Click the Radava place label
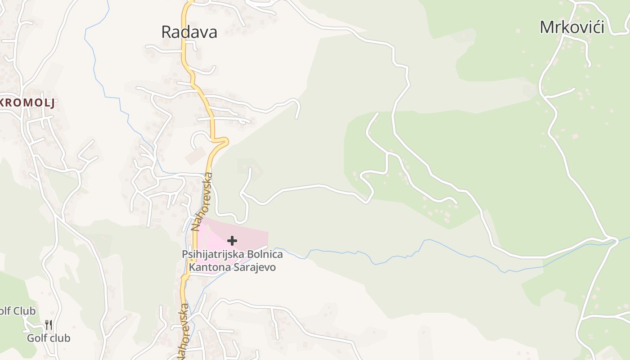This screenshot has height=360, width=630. [189, 32]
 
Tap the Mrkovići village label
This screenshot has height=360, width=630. [571, 27]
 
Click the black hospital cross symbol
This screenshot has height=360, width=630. [232, 241]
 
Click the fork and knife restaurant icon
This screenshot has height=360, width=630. [49, 324]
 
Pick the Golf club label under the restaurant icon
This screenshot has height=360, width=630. [49, 338]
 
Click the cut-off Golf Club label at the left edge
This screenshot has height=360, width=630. [17, 311]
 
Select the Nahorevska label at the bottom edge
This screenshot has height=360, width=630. [184, 332]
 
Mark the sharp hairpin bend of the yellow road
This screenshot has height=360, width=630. [225, 141]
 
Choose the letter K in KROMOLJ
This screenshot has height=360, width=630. [4, 103]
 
